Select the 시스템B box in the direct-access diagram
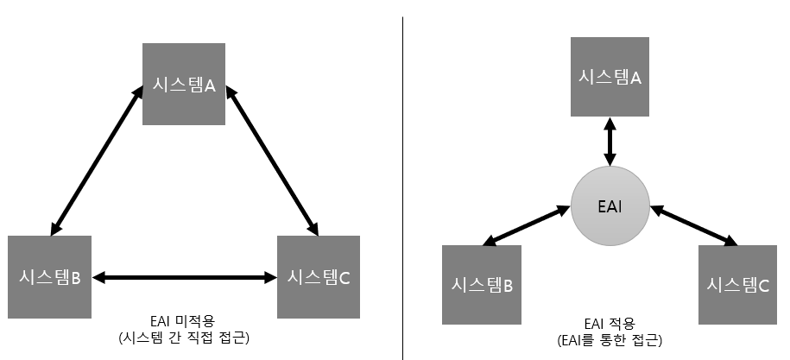click(x=50, y=277)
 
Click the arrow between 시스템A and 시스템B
click(x=97, y=160)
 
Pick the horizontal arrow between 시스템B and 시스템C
click(x=183, y=278)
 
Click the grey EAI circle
click(x=610, y=207)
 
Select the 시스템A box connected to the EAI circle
click(x=610, y=78)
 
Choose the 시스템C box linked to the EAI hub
click(x=737, y=285)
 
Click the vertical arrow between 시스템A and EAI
click(x=610, y=142)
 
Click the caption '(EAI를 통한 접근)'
click(x=610, y=340)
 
